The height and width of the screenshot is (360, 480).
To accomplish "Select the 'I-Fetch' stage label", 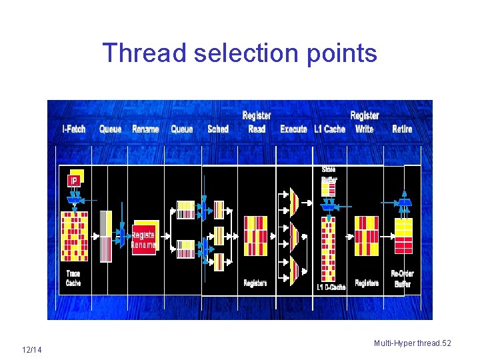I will point(74,129).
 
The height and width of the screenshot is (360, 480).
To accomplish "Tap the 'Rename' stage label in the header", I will point(145,129).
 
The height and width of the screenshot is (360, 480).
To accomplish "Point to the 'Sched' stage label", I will point(218,129).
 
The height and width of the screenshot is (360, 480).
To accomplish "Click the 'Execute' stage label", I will point(293,129).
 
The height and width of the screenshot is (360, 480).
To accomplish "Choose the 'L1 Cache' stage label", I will point(330,129).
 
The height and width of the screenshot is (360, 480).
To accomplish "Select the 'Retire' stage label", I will point(402,129).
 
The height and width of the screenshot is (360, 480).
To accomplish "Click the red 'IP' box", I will point(74,181).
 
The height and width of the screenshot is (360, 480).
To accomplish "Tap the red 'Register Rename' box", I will point(144,239).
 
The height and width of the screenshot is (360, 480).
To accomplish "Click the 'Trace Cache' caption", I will point(73,278).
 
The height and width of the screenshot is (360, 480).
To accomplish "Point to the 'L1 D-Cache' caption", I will point(331,287).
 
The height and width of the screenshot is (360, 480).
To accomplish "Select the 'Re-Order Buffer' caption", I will point(403,279).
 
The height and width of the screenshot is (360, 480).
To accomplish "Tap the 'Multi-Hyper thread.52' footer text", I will point(413,343).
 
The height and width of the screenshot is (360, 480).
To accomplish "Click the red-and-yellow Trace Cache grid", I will point(74,236).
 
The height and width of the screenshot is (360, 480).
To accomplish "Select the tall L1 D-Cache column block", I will point(328,247).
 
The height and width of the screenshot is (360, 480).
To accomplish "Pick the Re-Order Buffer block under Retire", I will point(403,235).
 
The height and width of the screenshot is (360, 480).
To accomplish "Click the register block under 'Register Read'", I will point(255,235).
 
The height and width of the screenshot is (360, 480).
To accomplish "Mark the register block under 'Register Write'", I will point(366,235).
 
